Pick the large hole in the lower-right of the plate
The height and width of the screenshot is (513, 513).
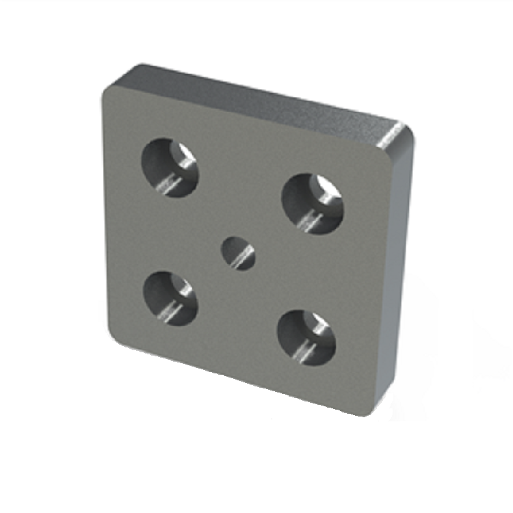click(306, 337)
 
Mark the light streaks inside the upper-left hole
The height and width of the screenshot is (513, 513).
click(167, 182)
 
